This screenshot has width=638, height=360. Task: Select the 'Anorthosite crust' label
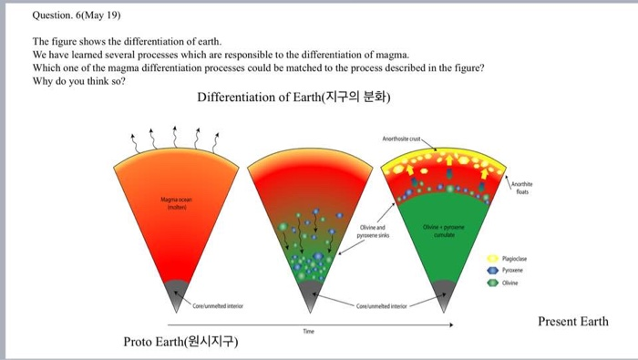(401, 139)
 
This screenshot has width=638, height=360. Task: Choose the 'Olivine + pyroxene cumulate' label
(443, 229)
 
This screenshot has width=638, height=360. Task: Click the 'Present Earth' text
(573, 322)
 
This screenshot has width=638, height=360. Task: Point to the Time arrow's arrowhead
(448, 324)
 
